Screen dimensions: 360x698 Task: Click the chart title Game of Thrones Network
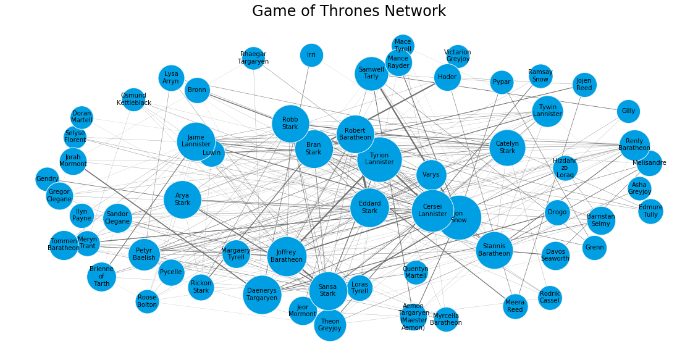[349, 11]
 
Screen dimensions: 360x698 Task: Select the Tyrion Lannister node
[379, 159]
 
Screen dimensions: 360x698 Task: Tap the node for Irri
[311, 55]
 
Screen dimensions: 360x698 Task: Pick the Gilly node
[628, 111]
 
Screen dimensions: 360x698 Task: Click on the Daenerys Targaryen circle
[262, 294]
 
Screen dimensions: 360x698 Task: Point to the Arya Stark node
[182, 199]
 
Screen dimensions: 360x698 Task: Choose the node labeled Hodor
[447, 77]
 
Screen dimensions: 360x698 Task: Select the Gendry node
[47, 179]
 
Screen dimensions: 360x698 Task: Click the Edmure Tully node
[650, 211]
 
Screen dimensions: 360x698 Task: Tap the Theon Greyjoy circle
[330, 325]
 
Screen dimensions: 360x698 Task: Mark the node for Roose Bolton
[147, 301]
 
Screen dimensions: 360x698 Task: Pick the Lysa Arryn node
[170, 77]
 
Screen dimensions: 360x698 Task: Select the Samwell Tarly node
[371, 73]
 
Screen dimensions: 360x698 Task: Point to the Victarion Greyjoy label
[458, 56]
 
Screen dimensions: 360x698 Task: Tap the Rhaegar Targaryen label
[254, 58]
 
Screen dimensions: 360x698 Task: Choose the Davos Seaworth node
[555, 254]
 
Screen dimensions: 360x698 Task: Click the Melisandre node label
[649, 163]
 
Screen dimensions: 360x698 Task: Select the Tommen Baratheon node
[63, 245]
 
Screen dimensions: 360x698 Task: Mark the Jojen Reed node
[584, 85]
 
